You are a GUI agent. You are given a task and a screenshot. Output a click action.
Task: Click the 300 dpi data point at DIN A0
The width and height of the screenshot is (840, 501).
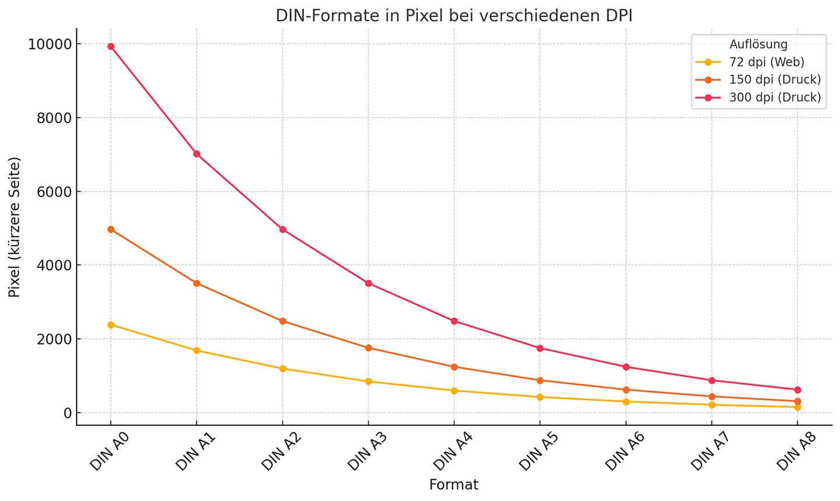[x=111, y=47]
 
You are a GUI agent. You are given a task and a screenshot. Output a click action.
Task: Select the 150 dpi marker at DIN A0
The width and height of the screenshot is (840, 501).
[x=111, y=230]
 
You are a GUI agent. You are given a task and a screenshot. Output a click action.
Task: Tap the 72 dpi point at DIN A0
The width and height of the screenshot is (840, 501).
[x=111, y=325]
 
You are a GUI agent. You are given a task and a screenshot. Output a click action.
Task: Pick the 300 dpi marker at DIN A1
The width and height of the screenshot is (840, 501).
[x=197, y=154]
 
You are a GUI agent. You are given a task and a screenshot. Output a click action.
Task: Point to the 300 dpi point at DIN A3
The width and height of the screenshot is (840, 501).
[x=369, y=283]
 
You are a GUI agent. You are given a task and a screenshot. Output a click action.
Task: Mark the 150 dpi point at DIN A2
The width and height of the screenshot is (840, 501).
[x=282, y=321]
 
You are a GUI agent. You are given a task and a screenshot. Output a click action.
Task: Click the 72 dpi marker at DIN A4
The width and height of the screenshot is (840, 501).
[x=454, y=391]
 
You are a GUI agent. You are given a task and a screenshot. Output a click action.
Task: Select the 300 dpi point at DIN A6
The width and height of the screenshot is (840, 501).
[x=626, y=367]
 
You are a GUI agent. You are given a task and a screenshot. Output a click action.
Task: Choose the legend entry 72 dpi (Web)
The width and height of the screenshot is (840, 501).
[x=766, y=62]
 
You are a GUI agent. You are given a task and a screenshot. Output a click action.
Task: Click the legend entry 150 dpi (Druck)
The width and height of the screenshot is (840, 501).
[x=775, y=80]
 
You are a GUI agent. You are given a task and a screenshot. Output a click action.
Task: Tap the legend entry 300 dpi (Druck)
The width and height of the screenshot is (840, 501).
[x=775, y=97]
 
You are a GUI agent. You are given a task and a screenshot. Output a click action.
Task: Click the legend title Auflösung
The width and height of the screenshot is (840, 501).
[x=758, y=44]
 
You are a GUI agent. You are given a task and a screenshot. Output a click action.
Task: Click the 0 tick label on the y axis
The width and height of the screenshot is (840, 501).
[x=68, y=413]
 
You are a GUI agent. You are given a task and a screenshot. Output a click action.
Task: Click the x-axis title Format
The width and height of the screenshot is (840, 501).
[x=454, y=485]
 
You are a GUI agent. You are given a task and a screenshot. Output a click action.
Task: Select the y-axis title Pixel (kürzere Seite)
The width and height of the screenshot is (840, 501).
[x=15, y=227]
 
